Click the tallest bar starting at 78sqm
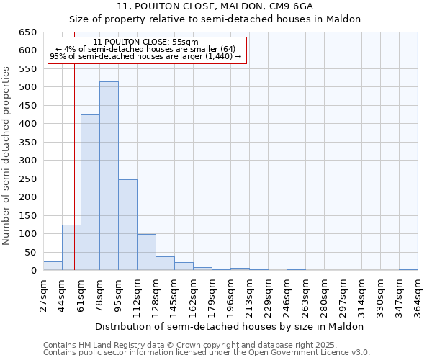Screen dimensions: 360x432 109,176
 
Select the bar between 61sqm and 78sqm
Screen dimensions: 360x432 90,193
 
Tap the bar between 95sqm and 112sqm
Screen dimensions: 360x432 127,225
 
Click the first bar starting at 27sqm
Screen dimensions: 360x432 53,266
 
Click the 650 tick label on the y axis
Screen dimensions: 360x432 27,32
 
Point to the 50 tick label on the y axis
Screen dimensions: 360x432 30,252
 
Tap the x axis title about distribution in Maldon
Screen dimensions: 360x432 230,326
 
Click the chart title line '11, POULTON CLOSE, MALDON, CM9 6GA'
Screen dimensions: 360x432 215,6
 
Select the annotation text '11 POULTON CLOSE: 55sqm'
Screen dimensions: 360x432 145,42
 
